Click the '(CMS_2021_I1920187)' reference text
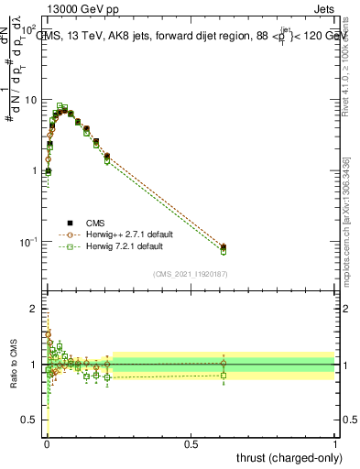(x=190, y=274)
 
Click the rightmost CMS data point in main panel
(x=224, y=247)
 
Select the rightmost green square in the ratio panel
(x=224, y=375)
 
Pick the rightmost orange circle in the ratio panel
(x=224, y=364)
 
